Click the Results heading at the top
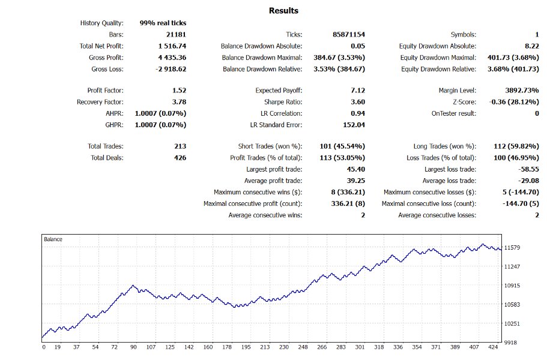tap(283, 11)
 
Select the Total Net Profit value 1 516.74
tap(172, 46)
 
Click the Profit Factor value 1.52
tap(178, 91)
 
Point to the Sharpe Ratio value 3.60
tap(357, 102)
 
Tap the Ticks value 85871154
tap(348, 35)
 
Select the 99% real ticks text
tap(163, 23)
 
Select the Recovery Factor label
tap(100, 102)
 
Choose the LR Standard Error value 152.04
tap(354, 125)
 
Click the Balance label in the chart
tap(53, 239)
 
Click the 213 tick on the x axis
tap(265, 347)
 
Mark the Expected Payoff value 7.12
tap(357, 91)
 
